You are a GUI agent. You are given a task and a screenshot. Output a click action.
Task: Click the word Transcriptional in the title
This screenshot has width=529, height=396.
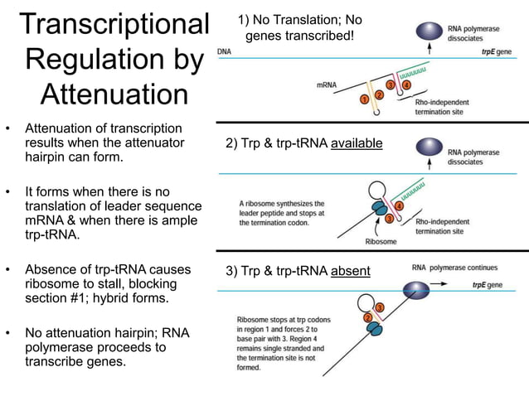114,24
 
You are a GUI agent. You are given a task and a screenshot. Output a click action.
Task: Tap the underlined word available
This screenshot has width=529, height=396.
357,143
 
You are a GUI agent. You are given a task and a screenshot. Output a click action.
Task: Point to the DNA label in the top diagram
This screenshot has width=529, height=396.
224,51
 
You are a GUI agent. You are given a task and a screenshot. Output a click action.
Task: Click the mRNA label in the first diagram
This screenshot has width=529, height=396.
327,84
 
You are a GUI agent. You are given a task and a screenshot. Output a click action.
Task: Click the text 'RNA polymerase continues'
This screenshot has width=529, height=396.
454,268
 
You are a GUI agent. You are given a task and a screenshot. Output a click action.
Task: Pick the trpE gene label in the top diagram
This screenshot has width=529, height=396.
497,51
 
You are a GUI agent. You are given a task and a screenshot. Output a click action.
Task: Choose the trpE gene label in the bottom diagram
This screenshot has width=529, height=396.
488,284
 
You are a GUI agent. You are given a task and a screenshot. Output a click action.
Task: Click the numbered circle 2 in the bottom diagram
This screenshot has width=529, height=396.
367,317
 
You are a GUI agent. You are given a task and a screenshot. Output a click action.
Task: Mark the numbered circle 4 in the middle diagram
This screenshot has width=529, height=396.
399,205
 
